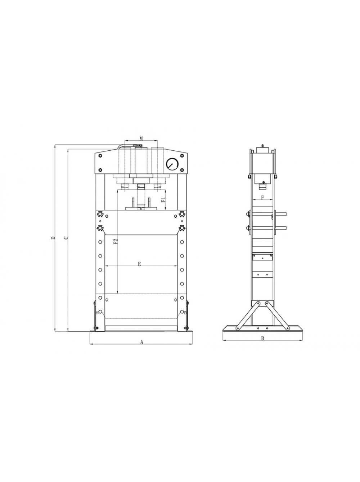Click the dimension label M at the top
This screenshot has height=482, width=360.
point(141,138)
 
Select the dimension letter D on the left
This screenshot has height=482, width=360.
point(53,238)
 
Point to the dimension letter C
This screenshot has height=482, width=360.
point(65,238)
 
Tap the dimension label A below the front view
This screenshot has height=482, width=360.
point(142,342)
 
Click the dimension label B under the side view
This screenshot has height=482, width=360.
point(262,338)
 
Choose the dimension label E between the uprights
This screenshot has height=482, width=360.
point(139,264)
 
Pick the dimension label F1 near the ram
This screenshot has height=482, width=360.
point(163,200)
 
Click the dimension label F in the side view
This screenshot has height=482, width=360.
point(262,197)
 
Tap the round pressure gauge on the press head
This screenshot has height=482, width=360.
point(172,164)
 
